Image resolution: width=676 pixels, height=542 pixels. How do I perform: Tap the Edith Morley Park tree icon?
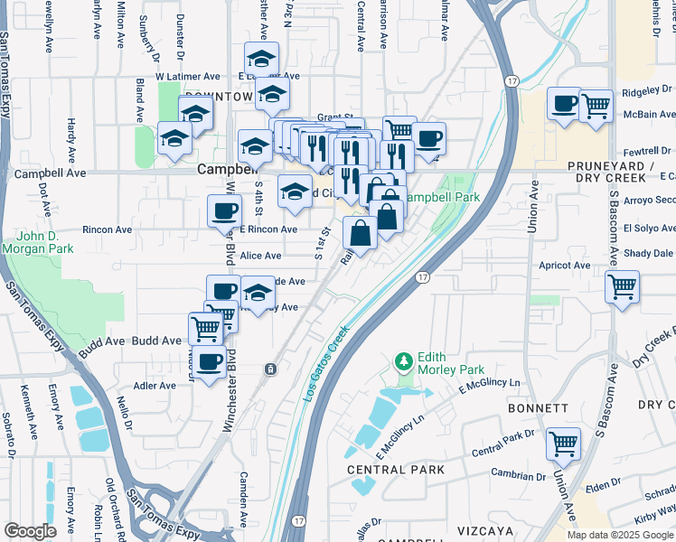pos(404,363)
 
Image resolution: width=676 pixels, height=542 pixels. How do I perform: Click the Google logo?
pos(30,531)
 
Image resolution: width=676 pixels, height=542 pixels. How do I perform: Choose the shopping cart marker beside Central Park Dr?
pos(563,444)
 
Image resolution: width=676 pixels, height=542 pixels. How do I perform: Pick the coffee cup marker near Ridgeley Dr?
pos(565,104)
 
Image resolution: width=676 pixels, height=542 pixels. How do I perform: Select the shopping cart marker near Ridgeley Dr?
pos(596,106)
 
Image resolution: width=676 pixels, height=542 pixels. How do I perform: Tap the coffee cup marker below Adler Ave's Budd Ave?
pos(210,363)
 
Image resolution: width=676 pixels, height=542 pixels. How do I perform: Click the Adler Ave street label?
pos(154,386)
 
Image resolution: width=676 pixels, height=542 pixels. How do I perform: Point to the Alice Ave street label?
pos(260,256)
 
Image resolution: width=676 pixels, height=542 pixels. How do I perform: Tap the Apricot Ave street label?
pos(565,266)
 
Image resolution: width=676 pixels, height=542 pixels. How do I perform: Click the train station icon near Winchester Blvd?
pos(270,369)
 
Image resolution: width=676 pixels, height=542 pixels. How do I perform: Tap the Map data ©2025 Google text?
pos(620,535)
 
